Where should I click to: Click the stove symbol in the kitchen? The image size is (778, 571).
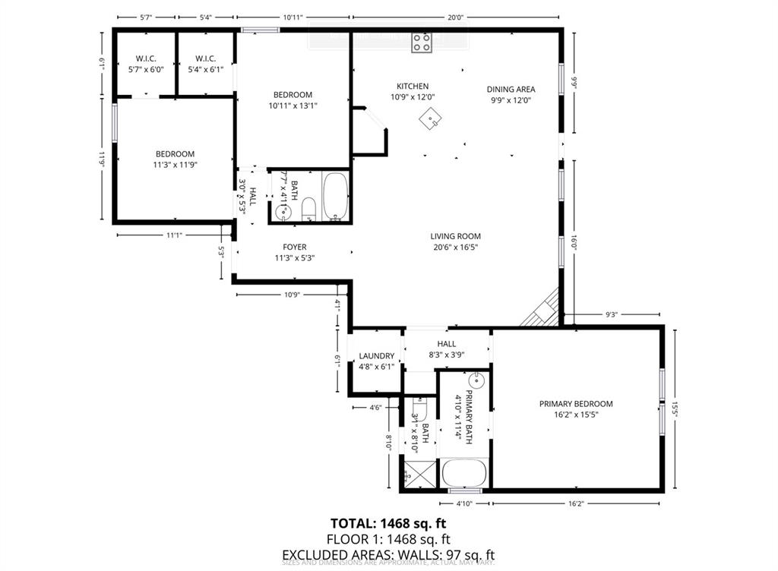tap(422, 43)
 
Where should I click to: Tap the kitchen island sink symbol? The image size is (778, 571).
tap(433, 118)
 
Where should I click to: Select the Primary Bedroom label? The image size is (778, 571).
tap(576, 404)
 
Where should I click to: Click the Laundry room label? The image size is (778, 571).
tap(376, 356)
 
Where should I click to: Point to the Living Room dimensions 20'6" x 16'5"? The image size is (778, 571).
tap(455, 247)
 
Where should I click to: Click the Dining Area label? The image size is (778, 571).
tap(511, 89)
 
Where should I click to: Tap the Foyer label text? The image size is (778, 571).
tap(294, 247)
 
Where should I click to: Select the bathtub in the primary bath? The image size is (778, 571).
tap(464, 473)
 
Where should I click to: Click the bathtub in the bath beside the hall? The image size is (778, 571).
tap(334, 197)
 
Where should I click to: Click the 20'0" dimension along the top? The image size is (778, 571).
tap(455, 17)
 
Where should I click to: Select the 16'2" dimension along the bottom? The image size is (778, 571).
tap(576, 503)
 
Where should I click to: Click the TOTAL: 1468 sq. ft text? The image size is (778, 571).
tap(388, 523)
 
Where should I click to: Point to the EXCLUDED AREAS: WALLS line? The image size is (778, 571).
tap(388, 554)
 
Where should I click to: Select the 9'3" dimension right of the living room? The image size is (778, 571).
tap(612, 314)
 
